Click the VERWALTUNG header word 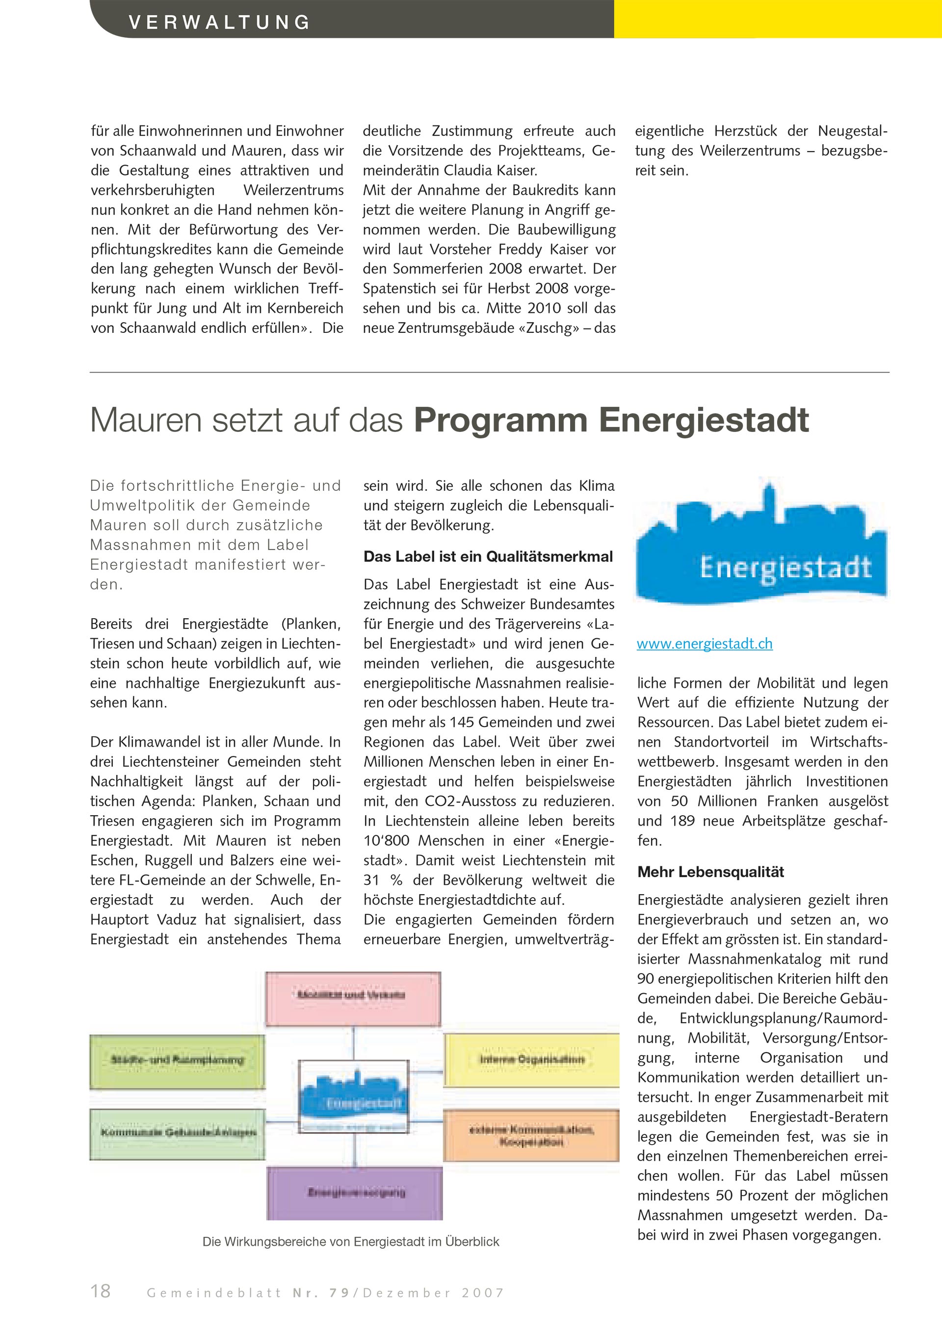(219, 23)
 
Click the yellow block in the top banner (777, 19)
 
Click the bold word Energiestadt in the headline (704, 420)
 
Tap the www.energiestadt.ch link (704, 644)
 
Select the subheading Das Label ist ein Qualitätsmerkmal (488, 556)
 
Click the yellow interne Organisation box (531, 1060)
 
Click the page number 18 (101, 1290)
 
